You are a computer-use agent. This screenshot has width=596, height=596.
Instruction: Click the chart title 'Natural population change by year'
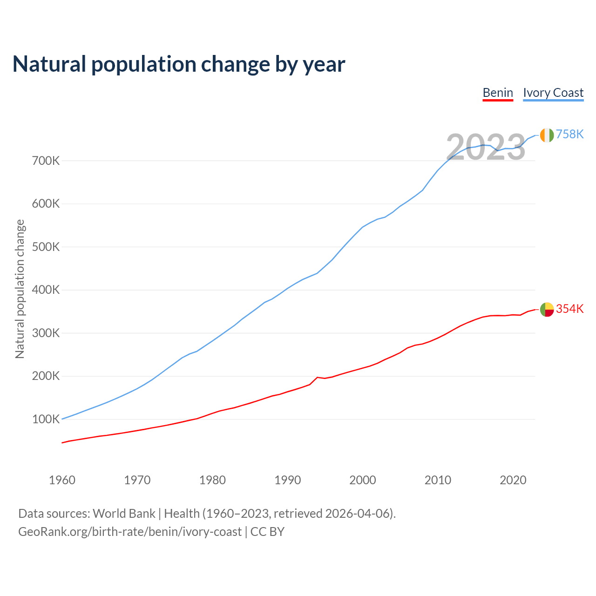point(179,64)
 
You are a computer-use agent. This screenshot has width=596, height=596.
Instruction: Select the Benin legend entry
point(498,93)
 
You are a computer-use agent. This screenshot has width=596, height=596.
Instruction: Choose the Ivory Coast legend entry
point(553,93)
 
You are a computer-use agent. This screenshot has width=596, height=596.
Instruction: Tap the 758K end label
point(569,134)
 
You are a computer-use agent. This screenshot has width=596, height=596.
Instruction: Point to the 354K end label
point(569,309)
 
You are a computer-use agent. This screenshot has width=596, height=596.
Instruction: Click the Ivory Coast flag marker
point(547,135)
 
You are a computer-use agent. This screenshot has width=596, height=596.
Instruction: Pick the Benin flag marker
point(547,309)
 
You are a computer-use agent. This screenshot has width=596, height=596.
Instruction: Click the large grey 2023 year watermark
point(486,147)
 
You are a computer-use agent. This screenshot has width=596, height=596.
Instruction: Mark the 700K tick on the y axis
point(46,161)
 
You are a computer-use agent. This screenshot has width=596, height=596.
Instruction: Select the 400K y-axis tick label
point(46,290)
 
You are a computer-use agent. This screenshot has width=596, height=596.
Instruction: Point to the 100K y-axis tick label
point(46,420)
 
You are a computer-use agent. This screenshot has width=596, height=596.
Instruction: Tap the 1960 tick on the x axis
point(62,480)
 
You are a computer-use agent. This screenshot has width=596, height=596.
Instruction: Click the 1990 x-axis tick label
point(287,480)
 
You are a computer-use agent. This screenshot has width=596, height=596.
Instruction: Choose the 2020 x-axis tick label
point(513,480)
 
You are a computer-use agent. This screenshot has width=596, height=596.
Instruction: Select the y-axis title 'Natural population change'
point(20,289)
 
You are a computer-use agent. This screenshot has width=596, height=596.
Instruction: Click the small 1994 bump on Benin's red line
point(317,377)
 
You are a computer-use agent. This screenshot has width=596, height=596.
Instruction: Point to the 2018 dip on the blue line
point(497,150)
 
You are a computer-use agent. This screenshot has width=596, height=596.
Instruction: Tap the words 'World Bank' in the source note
point(124,514)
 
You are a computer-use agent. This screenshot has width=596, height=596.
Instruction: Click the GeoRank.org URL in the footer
point(130,532)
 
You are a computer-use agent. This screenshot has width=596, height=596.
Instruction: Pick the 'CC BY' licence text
point(267,532)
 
